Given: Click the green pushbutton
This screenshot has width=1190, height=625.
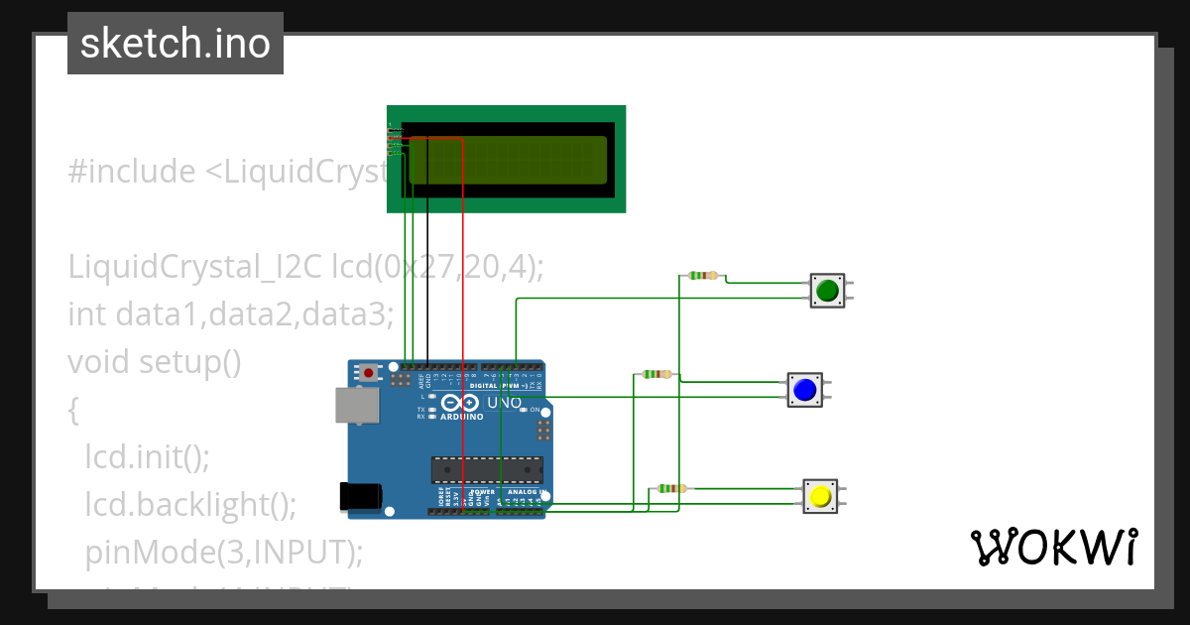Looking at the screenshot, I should (827, 291).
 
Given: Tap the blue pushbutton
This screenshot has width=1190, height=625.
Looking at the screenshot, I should (804, 390).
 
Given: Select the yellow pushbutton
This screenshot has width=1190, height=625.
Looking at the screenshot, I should (819, 496).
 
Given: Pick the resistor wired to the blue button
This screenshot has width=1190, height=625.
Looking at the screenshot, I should (656, 374).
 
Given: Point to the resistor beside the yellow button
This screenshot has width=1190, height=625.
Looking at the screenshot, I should (670, 488).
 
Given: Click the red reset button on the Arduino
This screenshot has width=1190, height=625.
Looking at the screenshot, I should (369, 373).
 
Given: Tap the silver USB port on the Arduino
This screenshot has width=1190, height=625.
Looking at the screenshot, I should (356, 405).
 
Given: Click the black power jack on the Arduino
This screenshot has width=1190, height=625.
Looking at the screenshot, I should (358, 496).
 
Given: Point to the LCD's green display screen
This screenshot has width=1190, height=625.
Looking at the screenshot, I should (507, 160).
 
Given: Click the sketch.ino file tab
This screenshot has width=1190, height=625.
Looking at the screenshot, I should (176, 44).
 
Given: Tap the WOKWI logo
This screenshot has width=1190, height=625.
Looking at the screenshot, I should (1053, 548).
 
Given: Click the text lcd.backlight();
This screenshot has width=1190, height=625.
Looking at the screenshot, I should (190, 504).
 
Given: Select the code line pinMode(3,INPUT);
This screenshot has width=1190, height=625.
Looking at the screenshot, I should (224, 552).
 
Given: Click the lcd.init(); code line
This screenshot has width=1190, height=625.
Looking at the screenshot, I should (148, 456).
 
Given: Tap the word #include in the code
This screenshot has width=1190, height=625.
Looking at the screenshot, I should (132, 172).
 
